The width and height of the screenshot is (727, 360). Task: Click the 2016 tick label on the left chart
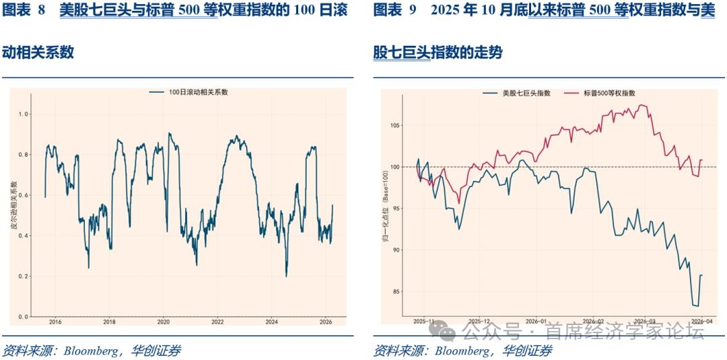55,322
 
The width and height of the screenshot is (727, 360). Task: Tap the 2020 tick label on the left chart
163,322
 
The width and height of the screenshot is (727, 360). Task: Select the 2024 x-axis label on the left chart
271,322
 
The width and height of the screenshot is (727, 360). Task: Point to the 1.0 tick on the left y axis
24,114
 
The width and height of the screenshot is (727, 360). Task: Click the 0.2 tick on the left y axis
24,277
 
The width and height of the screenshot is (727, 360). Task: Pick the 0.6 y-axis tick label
24,196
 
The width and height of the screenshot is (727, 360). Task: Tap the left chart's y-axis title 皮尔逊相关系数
14,205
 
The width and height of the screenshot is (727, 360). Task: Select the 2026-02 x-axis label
591,322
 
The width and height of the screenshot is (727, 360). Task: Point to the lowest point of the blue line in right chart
697,306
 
